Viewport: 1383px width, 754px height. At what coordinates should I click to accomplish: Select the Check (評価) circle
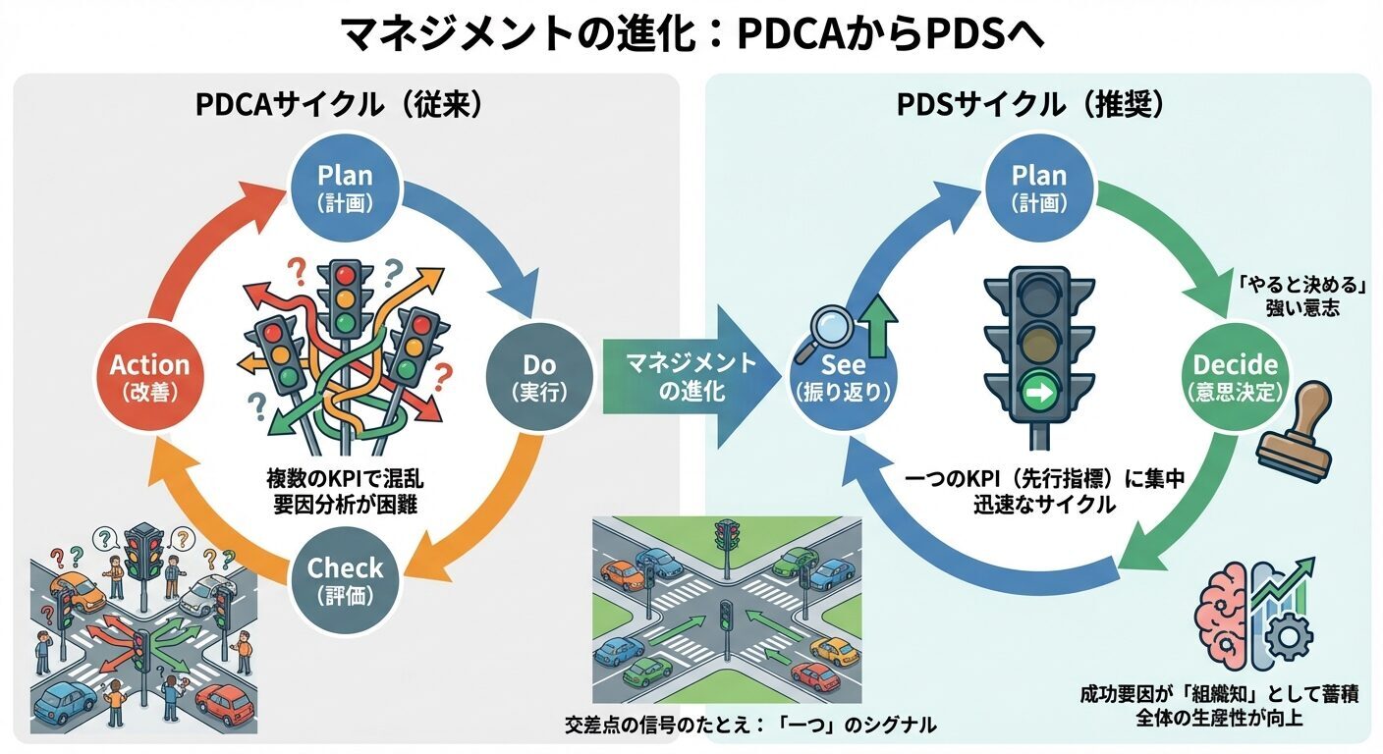(x=345, y=580)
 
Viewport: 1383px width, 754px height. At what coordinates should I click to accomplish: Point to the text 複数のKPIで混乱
(x=344, y=481)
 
